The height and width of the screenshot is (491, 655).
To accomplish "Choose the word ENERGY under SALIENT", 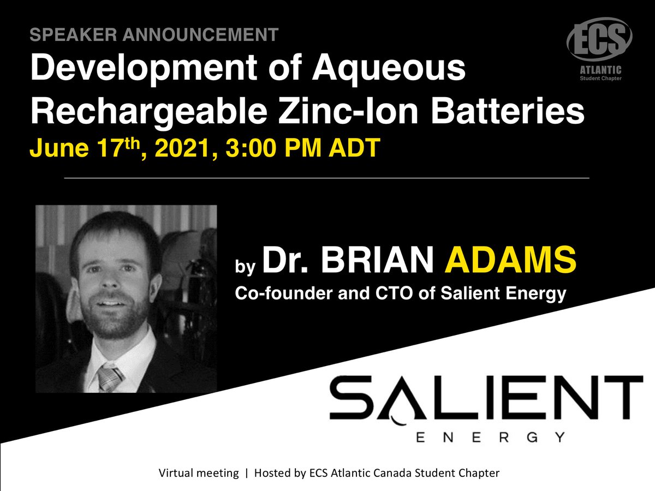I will coord(487,437).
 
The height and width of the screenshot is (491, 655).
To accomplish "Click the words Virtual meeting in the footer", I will coord(198,473).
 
